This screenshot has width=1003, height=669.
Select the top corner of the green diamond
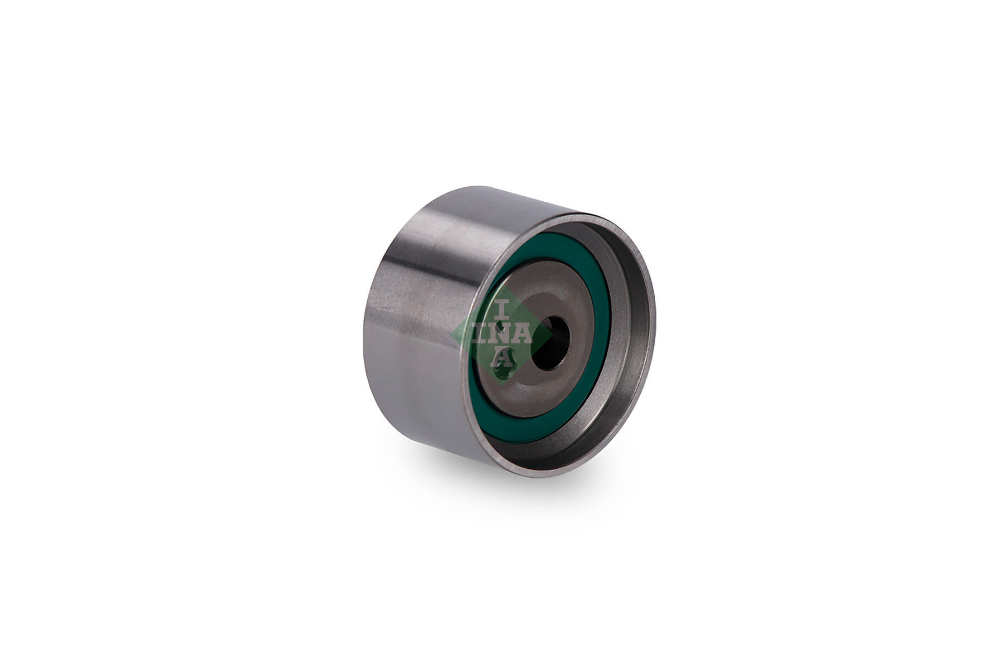click(501, 284)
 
